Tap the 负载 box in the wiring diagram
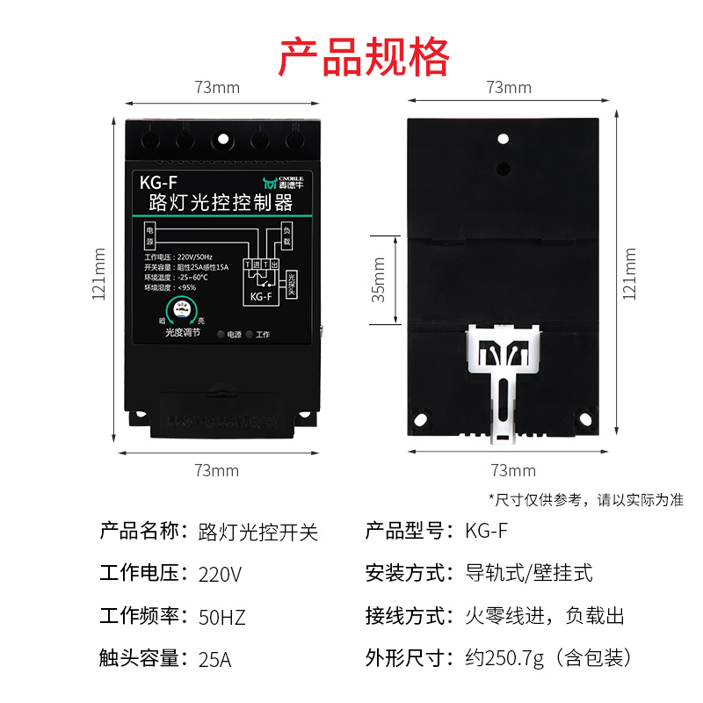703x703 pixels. (x=286, y=236)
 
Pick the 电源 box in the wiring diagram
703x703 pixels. (x=149, y=236)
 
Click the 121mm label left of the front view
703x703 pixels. (x=99, y=272)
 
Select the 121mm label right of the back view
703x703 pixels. (x=629, y=272)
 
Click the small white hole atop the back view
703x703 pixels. (x=504, y=139)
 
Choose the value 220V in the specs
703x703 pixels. (x=220, y=575)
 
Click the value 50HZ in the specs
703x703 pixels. (x=222, y=617)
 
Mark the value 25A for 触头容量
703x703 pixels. (x=214, y=658)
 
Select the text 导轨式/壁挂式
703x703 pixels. (x=528, y=575)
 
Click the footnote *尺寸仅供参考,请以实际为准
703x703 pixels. (x=585, y=499)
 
